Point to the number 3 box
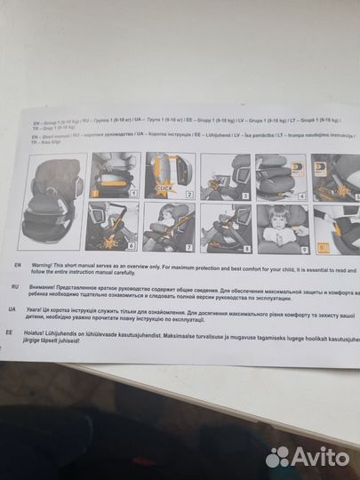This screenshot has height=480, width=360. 245,193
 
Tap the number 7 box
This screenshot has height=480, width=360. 188,243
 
